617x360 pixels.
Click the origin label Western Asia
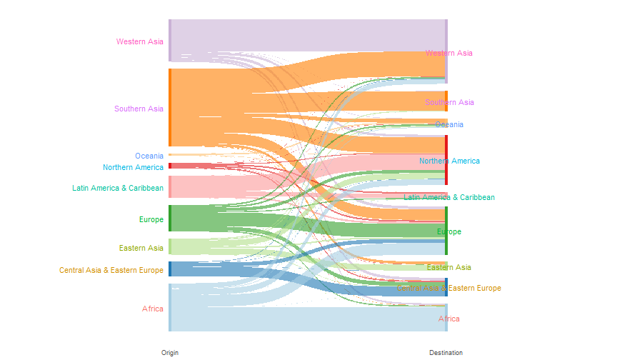[x=140, y=41]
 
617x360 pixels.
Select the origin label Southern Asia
[x=139, y=109]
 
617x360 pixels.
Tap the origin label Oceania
[x=149, y=156]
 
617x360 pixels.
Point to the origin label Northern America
[x=133, y=167]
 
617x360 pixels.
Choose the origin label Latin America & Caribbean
[x=118, y=189]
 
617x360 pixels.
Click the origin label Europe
[x=151, y=219]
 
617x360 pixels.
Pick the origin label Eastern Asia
[x=142, y=248]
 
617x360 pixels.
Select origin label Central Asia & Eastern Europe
[x=111, y=270]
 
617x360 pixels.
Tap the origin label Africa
[x=153, y=309]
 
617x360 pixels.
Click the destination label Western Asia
[x=449, y=53]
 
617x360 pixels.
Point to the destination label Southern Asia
[x=449, y=102]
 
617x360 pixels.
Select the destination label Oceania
[x=449, y=124]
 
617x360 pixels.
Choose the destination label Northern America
[x=449, y=161]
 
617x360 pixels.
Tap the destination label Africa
[x=449, y=319]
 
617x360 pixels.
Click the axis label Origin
[x=170, y=353]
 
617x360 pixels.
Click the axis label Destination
[x=446, y=353]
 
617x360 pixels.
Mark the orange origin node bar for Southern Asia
[x=170, y=107]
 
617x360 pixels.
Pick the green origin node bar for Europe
[x=170, y=218]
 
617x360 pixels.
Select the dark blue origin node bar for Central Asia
[x=170, y=269]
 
